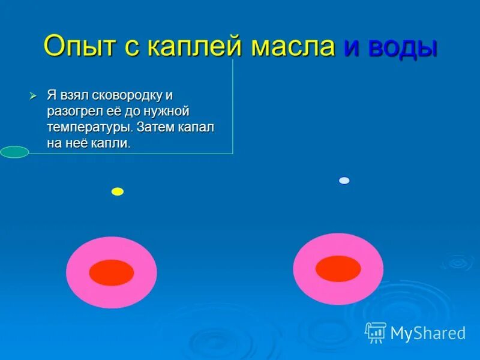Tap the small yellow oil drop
click(118, 191)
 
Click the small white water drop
click(344, 181)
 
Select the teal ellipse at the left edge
click(14, 152)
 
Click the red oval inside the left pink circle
click(111, 272)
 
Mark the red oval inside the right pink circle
click(338, 269)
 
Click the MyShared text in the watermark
click(428, 334)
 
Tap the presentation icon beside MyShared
click(376, 332)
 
